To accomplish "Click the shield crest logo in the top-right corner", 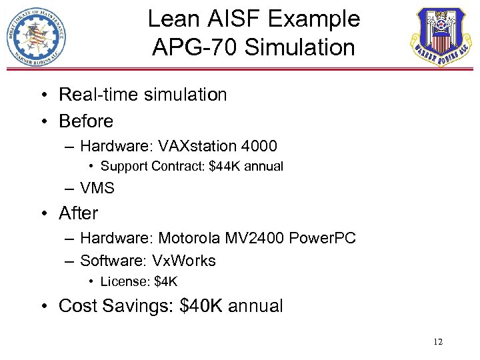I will [x=439, y=37].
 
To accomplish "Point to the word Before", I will [x=86, y=121].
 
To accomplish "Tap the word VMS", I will [x=97, y=189].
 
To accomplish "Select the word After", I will [x=78, y=213].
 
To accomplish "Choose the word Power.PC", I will [x=323, y=238].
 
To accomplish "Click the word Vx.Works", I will [x=184, y=261].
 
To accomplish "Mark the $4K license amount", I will [x=166, y=282].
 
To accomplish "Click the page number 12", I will [x=438, y=342].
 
